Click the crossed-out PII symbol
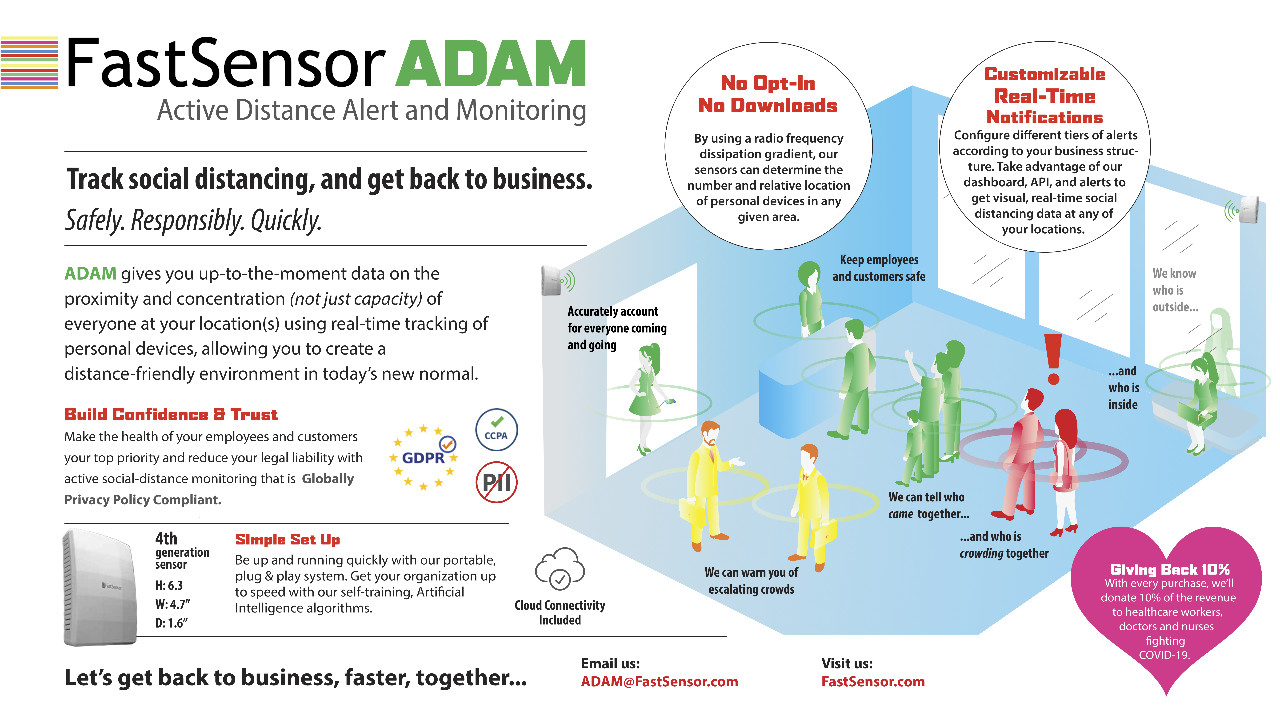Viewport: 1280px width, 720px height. (496, 482)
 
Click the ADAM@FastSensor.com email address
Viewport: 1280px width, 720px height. (659, 682)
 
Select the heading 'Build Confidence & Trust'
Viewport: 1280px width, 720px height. (171, 414)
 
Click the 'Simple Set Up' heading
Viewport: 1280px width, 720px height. (287, 540)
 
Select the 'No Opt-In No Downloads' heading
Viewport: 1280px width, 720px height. (768, 94)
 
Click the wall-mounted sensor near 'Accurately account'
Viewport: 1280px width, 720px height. (552, 281)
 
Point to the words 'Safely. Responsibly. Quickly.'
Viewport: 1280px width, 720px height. (193, 220)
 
